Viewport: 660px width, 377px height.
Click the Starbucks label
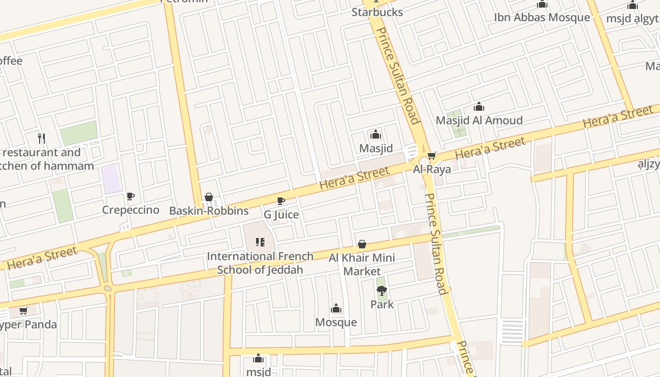(377, 12)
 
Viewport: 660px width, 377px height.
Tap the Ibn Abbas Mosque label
(542, 17)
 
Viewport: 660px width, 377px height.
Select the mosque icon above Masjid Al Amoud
(479, 107)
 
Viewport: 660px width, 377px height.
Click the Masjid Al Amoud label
(479, 120)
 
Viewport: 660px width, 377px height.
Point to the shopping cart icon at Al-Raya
(431, 156)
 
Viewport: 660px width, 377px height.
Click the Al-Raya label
(432, 169)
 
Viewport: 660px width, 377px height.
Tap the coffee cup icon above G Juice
(281, 201)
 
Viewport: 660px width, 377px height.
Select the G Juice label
(281, 215)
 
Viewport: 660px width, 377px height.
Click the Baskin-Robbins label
(209, 211)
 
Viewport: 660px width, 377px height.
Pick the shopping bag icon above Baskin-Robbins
(209, 197)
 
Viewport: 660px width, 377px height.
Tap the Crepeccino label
(131, 210)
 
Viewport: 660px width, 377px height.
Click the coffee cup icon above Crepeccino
(131, 196)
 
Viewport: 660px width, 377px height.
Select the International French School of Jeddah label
(260, 263)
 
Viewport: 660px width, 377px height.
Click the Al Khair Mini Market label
(362, 264)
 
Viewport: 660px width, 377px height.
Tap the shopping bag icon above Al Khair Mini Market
(362, 244)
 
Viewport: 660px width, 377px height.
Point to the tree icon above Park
(382, 291)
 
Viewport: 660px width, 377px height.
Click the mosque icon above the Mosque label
(336, 309)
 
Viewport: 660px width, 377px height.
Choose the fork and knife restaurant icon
(42, 138)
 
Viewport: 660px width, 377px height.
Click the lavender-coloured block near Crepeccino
(112, 179)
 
